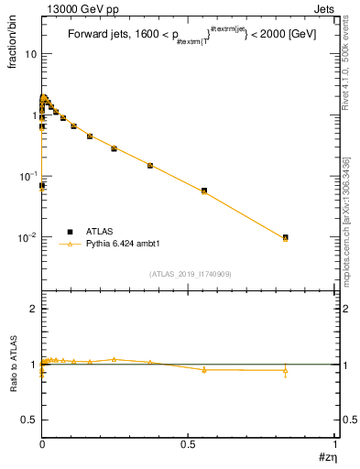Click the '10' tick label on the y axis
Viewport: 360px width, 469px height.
(30, 53)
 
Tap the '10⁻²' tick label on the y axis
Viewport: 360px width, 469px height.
(27, 236)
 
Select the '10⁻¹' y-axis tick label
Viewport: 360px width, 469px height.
(27, 175)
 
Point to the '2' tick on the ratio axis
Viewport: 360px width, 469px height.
(33, 309)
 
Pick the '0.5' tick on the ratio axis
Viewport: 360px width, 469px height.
(29, 419)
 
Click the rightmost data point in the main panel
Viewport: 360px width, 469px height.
(286, 237)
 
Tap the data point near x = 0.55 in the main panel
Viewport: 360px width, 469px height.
(203, 191)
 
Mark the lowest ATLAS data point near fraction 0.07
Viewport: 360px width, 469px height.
(41, 185)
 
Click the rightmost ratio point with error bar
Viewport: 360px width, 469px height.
(286, 371)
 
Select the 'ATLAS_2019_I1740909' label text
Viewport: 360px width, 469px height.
(190, 273)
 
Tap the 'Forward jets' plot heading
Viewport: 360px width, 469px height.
(102, 35)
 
